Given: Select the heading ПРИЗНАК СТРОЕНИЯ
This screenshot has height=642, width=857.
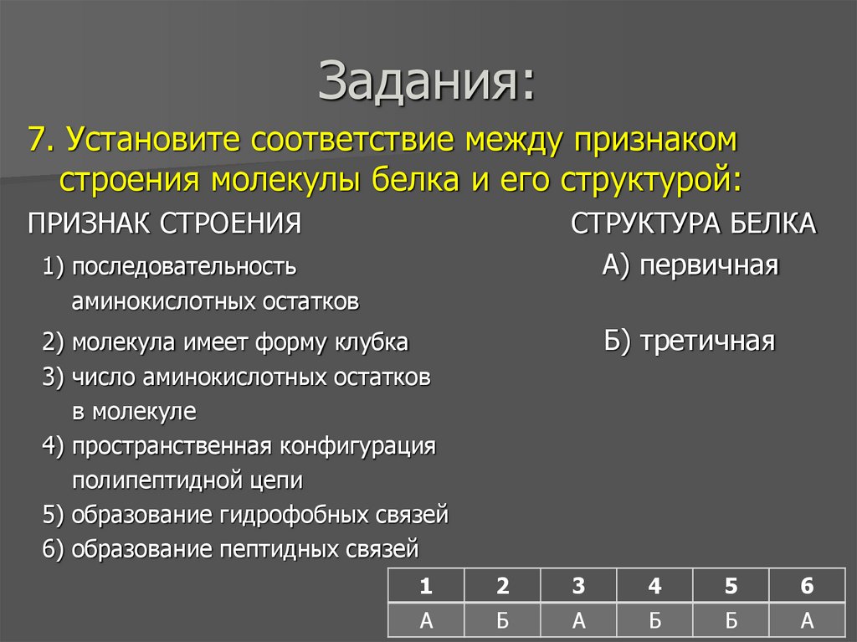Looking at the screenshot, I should click(x=164, y=224).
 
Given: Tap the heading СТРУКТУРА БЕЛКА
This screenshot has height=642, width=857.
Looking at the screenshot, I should click(x=693, y=224).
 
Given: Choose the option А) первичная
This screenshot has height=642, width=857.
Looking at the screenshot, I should click(x=690, y=266).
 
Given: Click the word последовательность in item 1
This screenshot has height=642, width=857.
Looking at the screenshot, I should click(x=184, y=267).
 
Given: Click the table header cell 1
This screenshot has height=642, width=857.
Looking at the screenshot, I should click(x=427, y=587).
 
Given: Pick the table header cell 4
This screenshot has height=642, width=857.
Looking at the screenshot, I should click(x=654, y=587).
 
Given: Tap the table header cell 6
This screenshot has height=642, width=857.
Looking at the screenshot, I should click(x=807, y=587).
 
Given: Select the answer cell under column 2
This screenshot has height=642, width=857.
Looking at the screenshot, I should click(x=502, y=620).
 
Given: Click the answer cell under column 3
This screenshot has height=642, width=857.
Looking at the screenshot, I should click(x=578, y=620).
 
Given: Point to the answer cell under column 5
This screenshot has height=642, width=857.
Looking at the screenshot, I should click(x=731, y=620).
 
